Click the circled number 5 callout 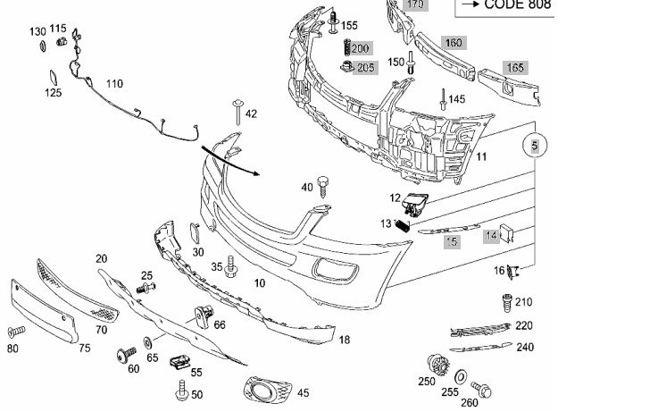point(535,146)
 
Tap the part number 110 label point(114,84)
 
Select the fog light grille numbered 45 point(268,389)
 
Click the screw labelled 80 point(17,332)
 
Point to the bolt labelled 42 point(237,113)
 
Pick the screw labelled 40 point(323,186)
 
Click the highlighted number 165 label point(515,68)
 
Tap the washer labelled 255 point(461,377)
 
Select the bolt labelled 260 point(482,388)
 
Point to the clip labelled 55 point(179,362)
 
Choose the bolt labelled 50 point(182,391)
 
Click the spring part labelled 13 point(403,227)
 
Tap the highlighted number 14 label point(491,236)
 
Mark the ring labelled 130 point(43,46)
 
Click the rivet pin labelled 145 point(443,99)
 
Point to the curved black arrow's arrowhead point(255,172)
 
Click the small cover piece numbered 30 point(195,233)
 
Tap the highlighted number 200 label point(360,48)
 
